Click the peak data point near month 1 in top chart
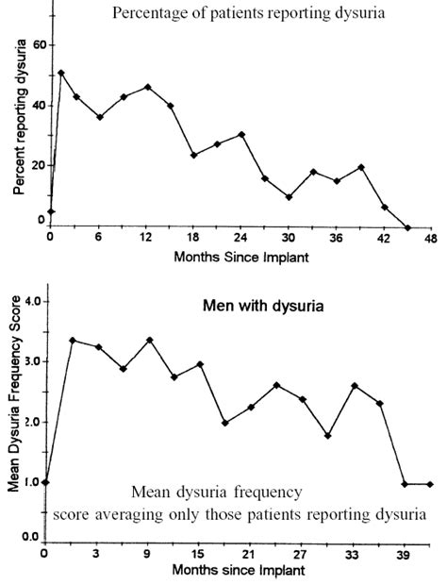tap(61, 73)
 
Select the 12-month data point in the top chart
tap(147, 87)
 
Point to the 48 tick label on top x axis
tap(430, 238)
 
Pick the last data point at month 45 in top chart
tap(407, 227)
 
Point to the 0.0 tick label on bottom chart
tap(28, 536)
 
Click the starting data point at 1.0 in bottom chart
tap(44, 482)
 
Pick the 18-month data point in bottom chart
tap(224, 423)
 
